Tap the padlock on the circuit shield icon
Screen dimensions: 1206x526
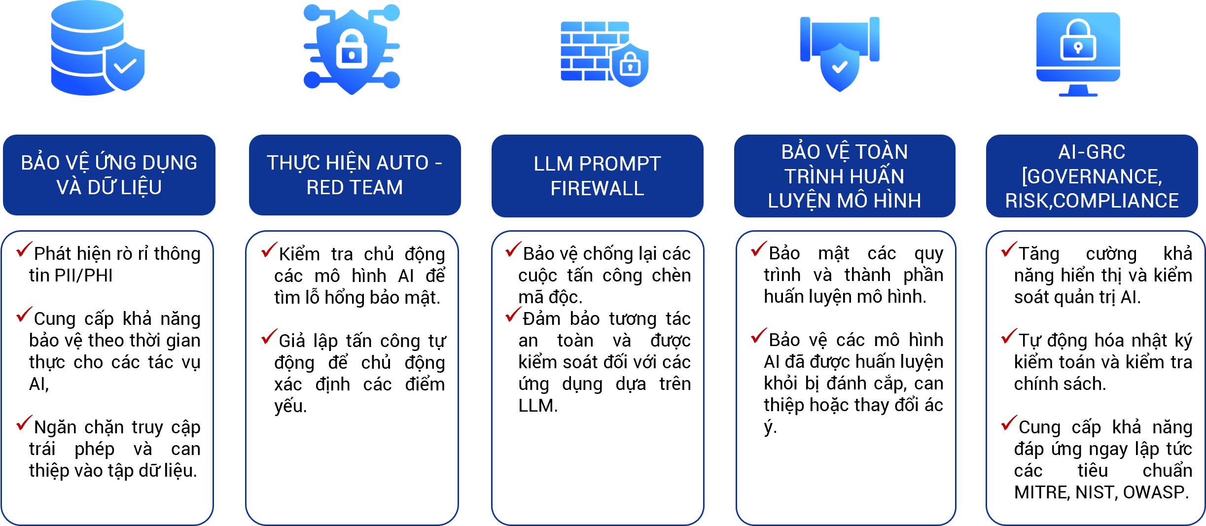[352, 49]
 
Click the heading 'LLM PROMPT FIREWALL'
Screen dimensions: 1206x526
[597, 176]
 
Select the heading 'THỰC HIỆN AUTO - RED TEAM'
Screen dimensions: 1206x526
[355, 175]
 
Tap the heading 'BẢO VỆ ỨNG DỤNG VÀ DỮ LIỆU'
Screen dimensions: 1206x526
[109, 175]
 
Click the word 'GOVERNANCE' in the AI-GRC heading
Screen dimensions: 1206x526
[1092, 176]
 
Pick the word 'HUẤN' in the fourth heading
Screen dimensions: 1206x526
[878, 176]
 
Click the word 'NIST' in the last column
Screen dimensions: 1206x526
[1097, 492]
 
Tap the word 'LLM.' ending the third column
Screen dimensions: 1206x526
[538, 406]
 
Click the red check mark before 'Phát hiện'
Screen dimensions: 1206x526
[24, 249]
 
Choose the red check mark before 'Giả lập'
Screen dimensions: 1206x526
[269, 337]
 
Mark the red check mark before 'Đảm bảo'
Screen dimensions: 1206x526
[513, 315]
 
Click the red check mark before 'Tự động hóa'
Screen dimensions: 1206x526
[1009, 336]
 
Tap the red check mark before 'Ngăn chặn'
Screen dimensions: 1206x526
[24, 423]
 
